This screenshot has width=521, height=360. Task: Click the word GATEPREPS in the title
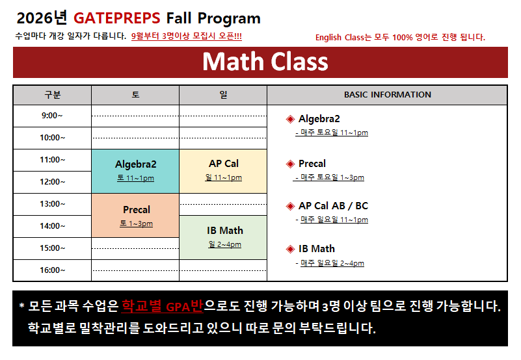116,18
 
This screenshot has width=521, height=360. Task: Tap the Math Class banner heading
265,62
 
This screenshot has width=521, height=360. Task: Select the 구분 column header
53,95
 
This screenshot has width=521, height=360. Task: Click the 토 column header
135,95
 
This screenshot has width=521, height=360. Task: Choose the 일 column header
223,95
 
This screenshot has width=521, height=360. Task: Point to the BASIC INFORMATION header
388,95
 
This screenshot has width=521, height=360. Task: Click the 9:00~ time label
52,116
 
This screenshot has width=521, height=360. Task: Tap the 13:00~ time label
53,204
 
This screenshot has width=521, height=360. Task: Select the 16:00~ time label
53,270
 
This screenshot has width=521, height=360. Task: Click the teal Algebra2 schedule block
135,172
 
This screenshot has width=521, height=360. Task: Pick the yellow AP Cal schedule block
223,172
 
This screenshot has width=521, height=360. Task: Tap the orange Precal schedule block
135,216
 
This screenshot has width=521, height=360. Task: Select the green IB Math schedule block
223,237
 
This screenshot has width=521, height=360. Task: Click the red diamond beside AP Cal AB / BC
290,206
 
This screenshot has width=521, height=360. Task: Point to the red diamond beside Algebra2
290,119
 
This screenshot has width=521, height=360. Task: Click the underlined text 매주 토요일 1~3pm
330,177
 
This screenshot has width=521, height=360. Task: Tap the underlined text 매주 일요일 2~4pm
332,263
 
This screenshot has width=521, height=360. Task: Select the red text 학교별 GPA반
162,306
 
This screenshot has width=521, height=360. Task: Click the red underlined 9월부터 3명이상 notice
187,36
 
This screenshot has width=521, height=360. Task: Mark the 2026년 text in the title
42,18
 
